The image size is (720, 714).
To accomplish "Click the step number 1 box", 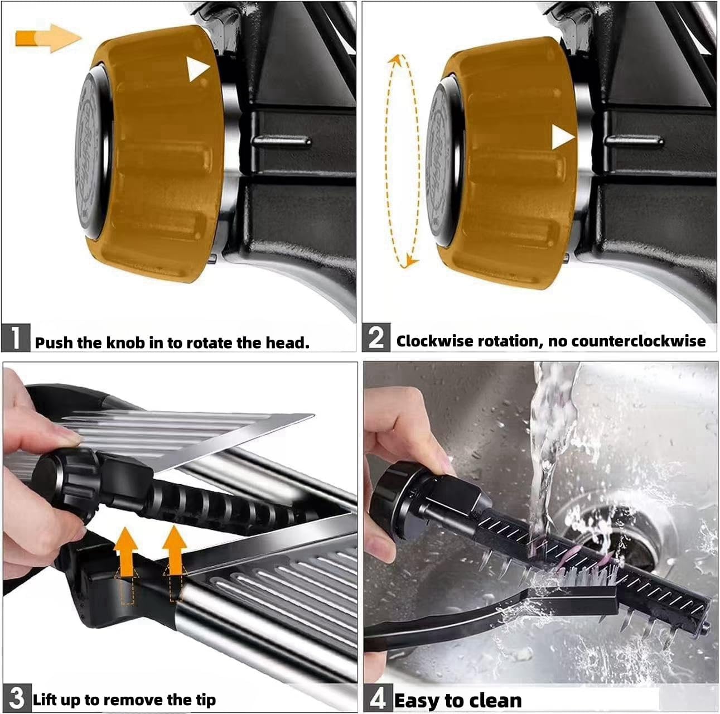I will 16,338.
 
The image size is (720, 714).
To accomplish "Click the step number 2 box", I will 376,338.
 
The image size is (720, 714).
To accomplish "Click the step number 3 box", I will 17,698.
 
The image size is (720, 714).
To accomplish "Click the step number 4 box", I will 378,699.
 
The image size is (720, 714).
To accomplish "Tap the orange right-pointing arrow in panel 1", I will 49,38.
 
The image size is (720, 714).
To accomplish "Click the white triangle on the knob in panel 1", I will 197,69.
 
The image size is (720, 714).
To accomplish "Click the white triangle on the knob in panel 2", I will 562,137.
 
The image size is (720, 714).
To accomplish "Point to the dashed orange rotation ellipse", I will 403,162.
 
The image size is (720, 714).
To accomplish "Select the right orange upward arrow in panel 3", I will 176,549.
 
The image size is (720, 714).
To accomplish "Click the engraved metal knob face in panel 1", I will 92,151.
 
